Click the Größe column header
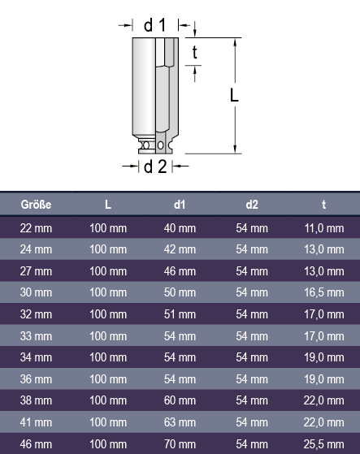pyautogui.click(x=36, y=205)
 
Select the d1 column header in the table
pyautogui.click(x=180, y=205)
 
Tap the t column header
pyautogui.click(x=323, y=205)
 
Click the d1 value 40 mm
pyautogui.click(x=180, y=228)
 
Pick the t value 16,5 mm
pyautogui.click(x=323, y=292)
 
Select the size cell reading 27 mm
pyautogui.click(x=36, y=271)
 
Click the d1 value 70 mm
pyautogui.click(x=180, y=444)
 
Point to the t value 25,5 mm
pyautogui.click(x=323, y=444)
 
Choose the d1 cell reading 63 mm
pyautogui.click(x=180, y=422)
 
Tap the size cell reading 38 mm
pyautogui.click(x=36, y=400)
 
